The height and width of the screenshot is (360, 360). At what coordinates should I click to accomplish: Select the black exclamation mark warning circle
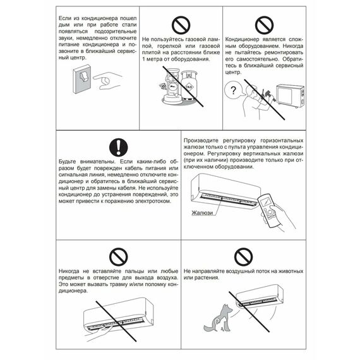point(117,148)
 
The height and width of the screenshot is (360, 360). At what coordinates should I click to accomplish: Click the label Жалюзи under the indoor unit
point(202,213)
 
